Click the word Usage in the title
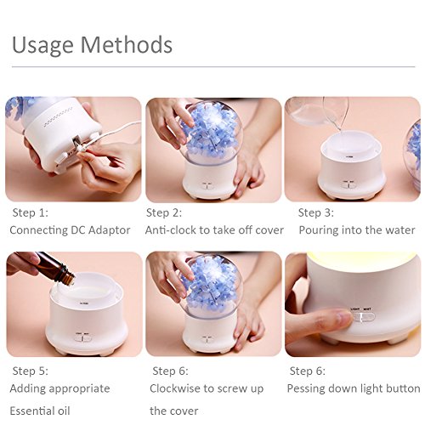pos(42,45)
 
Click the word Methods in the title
pos(127,44)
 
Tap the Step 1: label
pos(31,212)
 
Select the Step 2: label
pos(164,212)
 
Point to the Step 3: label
pos(316,212)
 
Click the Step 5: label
pos(31,371)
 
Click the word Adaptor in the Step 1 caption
pos(110,230)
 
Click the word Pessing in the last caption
pos(306,388)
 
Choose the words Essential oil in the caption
pos(40,411)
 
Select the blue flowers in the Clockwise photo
pos(210,286)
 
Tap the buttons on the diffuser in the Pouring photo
pos(348,184)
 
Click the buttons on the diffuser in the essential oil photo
pos(82,337)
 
